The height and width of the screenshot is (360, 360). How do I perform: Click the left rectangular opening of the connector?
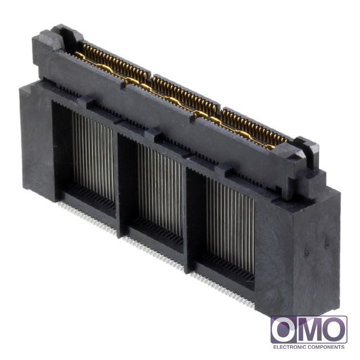(x=84, y=159)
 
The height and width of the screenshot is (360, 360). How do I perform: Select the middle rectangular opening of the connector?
(x=151, y=193)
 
